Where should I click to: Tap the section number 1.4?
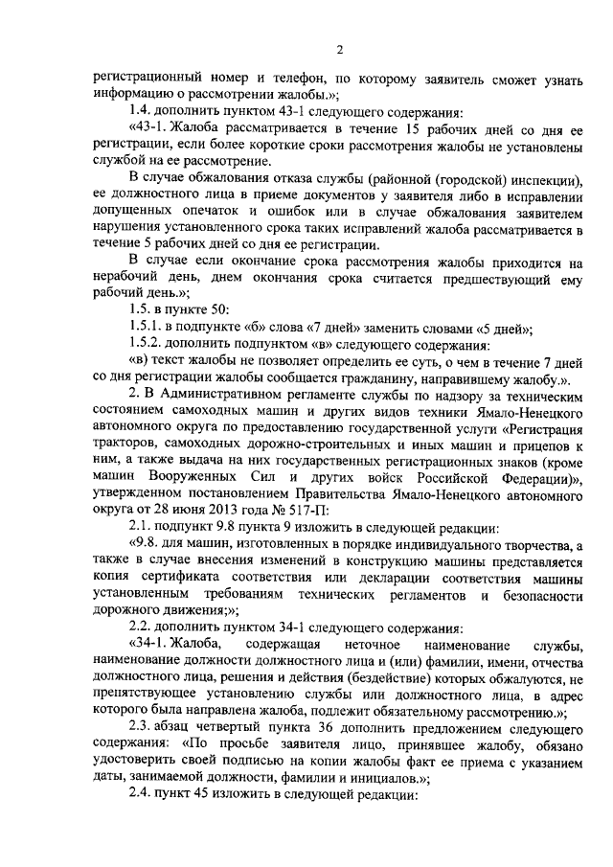click(142, 111)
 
